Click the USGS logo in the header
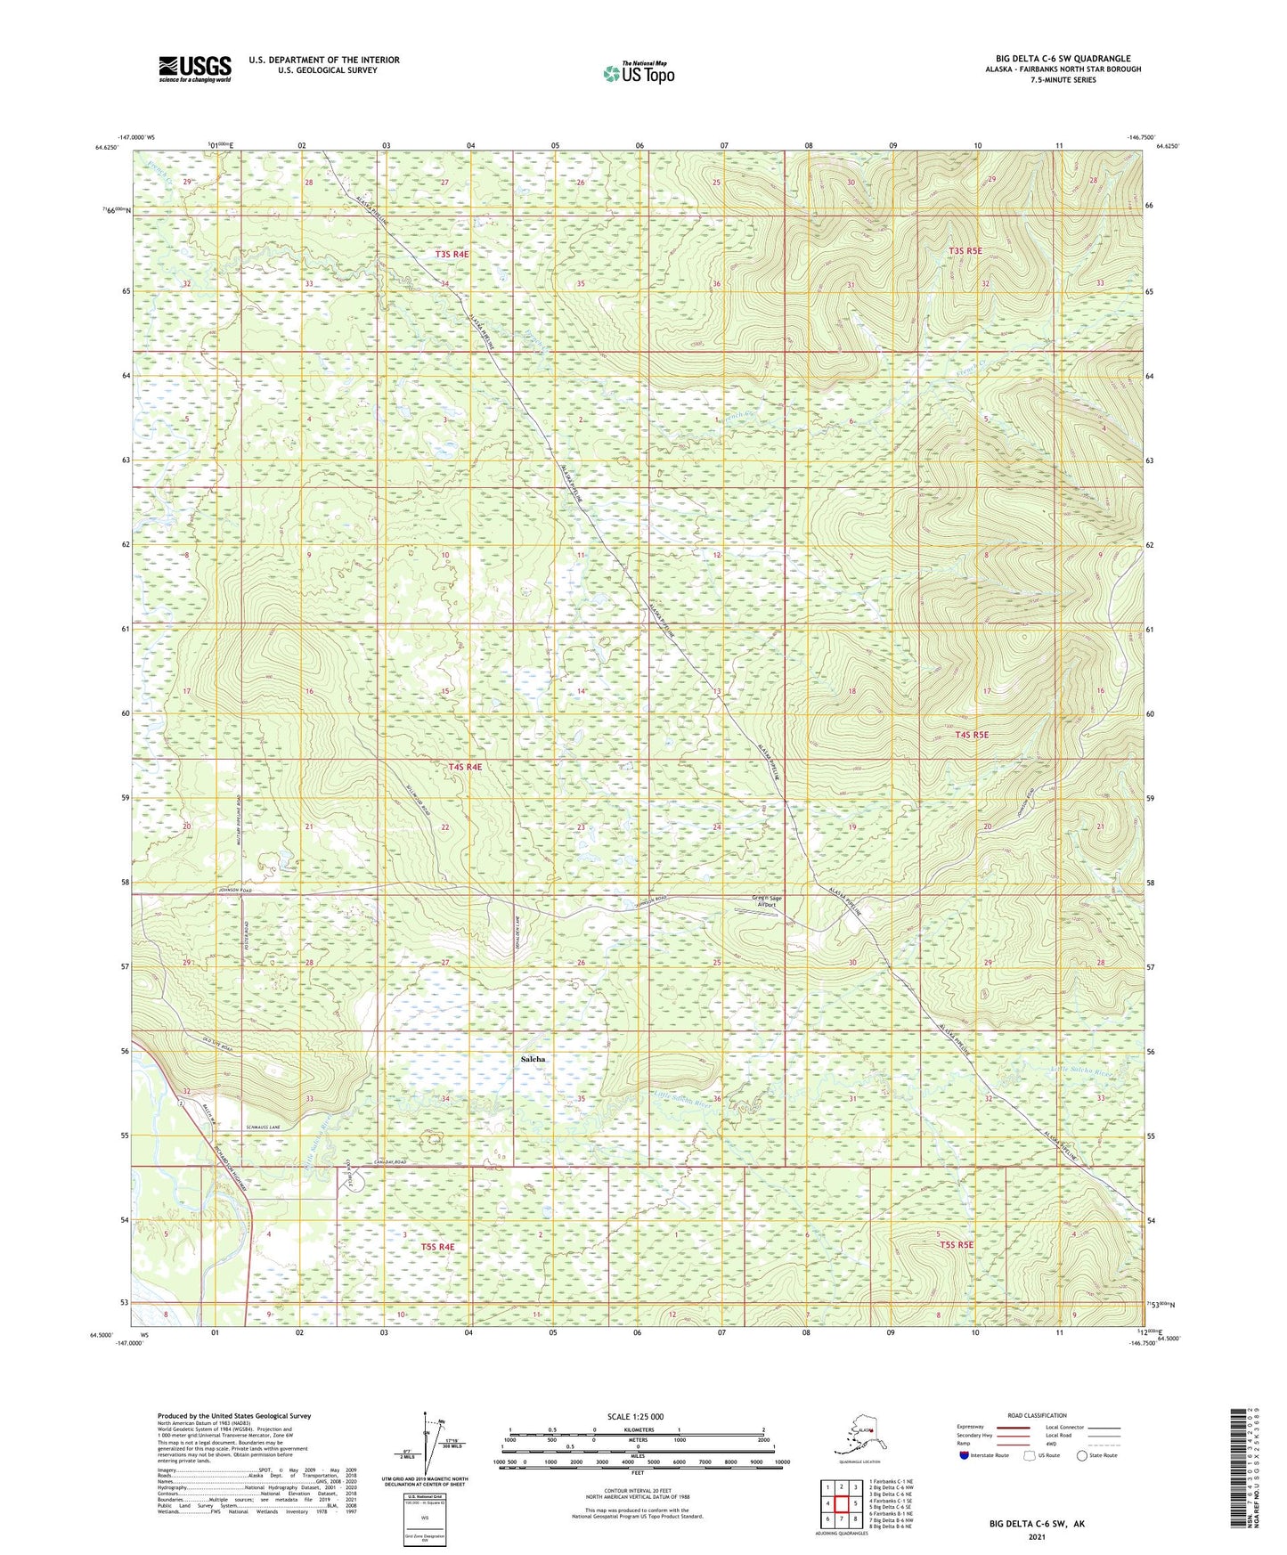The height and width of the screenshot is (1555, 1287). pos(195,69)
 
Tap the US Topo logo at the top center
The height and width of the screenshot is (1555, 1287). pos(638,73)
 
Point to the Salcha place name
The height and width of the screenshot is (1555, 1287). pos(533,1059)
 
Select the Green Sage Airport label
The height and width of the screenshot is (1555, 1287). pos(766,901)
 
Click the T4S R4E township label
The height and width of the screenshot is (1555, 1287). pos(465,767)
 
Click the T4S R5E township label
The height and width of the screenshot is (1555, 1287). pos(971,735)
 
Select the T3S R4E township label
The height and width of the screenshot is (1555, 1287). pos(452,255)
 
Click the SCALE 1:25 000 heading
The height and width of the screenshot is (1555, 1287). pos(635,1416)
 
